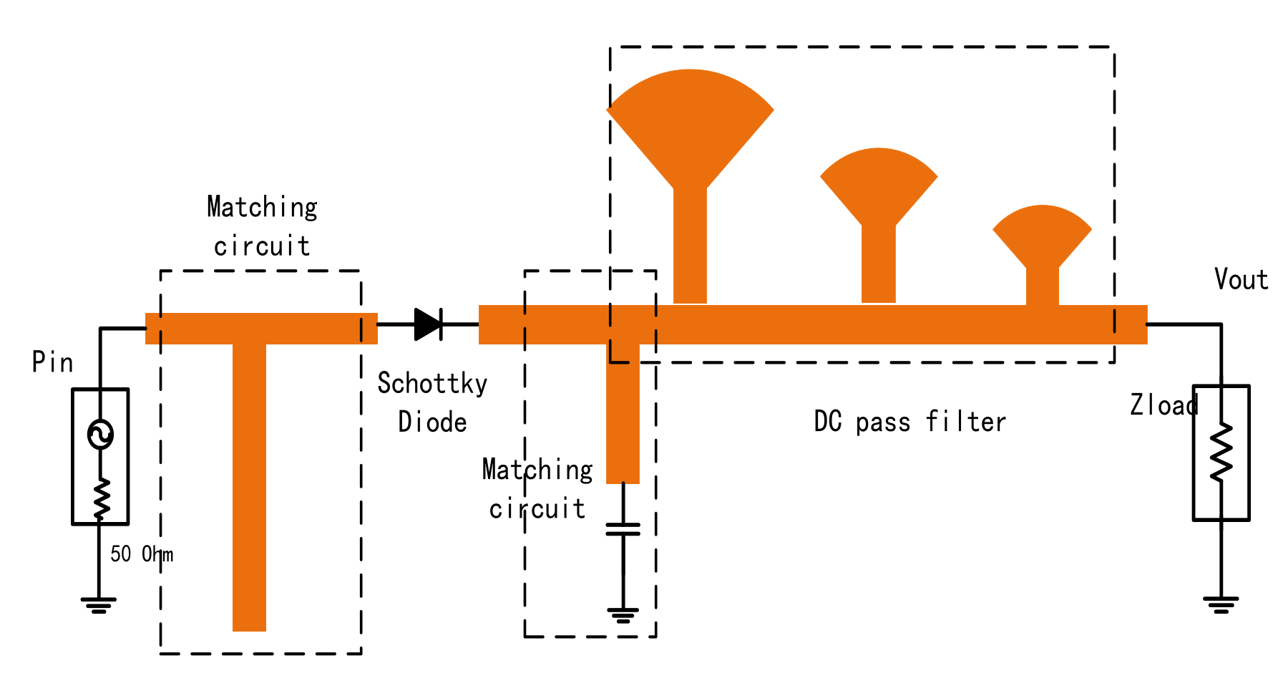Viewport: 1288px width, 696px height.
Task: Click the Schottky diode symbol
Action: [428, 324]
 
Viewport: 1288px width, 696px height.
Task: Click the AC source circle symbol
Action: [100, 434]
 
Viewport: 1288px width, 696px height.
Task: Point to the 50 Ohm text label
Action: [141, 554]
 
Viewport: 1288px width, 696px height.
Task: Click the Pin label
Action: [52, 362]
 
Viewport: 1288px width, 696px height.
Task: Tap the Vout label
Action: [1241, 279]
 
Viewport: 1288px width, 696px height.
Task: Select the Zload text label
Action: [1163, 405]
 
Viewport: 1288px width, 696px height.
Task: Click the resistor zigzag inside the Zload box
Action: [1221, 453]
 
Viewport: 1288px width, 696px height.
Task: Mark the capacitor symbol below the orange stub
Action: [623, 529]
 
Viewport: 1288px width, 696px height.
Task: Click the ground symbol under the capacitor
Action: [623, 614]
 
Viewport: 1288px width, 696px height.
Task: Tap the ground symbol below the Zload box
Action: [1221, 604]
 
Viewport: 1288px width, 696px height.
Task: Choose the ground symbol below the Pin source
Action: [99, 605]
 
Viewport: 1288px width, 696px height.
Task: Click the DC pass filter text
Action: [909, 422]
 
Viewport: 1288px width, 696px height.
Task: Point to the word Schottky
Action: [432, 384]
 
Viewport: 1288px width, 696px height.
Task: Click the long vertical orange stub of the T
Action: [249, 487]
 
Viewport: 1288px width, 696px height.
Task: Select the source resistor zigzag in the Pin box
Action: [101, 498]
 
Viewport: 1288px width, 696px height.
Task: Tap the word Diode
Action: [432, 422]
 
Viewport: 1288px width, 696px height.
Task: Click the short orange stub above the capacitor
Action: [623, 415]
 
